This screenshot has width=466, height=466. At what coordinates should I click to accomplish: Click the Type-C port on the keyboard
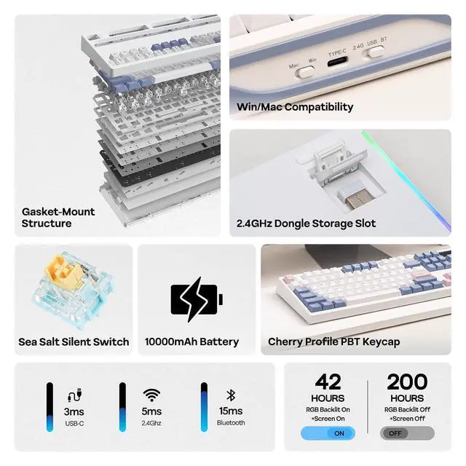(x=338, y=63)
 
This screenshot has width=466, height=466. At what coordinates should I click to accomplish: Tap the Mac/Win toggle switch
(x=305, y=72)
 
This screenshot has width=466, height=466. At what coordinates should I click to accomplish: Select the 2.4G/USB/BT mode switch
(x=376, y=52)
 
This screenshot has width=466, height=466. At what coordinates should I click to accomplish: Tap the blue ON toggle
(x=328, y=433)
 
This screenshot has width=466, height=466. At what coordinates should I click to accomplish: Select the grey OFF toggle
(x=407, y=433)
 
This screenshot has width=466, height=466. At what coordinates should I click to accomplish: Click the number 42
(x=328, y=382)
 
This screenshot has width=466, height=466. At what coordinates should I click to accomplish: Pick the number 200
(x=407, y=382)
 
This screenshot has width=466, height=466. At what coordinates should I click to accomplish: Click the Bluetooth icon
(x=231, y=395)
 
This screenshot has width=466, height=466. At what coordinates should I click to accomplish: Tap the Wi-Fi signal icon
(x=151, y=395)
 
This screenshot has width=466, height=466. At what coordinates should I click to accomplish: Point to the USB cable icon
(x=74, y=395)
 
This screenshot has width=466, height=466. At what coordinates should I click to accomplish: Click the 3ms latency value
(x=74, y=411)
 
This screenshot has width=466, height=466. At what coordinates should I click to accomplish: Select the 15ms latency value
(x=231, y=411)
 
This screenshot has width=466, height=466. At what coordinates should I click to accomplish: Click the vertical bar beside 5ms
(x=122, y=407)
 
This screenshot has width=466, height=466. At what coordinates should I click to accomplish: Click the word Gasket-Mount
(x=58, y=212)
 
